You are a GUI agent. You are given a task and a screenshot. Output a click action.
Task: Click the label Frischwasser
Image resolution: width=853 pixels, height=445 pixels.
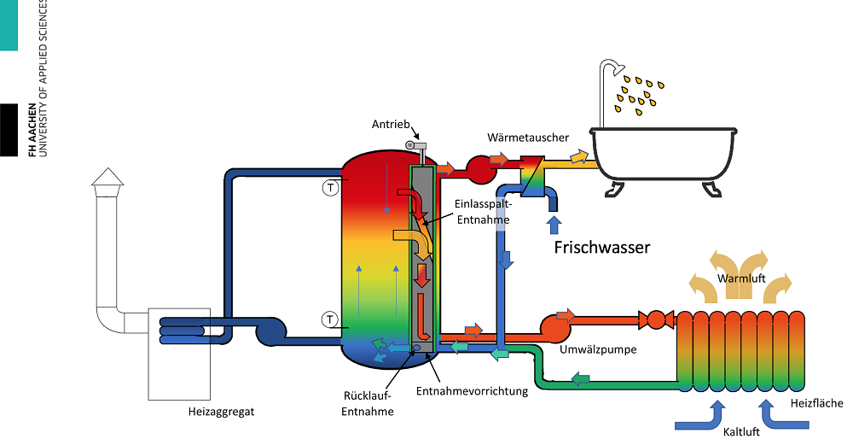coord(602,248)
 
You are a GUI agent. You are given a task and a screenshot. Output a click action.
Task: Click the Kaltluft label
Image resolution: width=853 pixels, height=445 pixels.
coord(734,431)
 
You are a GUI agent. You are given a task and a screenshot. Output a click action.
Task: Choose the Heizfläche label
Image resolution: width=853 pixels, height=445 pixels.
coord(816,403)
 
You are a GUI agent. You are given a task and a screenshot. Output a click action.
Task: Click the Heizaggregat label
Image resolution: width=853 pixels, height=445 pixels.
coord(221,412)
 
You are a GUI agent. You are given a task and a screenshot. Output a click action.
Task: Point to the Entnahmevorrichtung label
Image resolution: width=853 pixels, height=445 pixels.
coord(472,391)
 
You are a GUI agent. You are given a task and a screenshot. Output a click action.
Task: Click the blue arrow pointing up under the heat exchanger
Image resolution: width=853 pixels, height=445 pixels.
coord(554,225)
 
